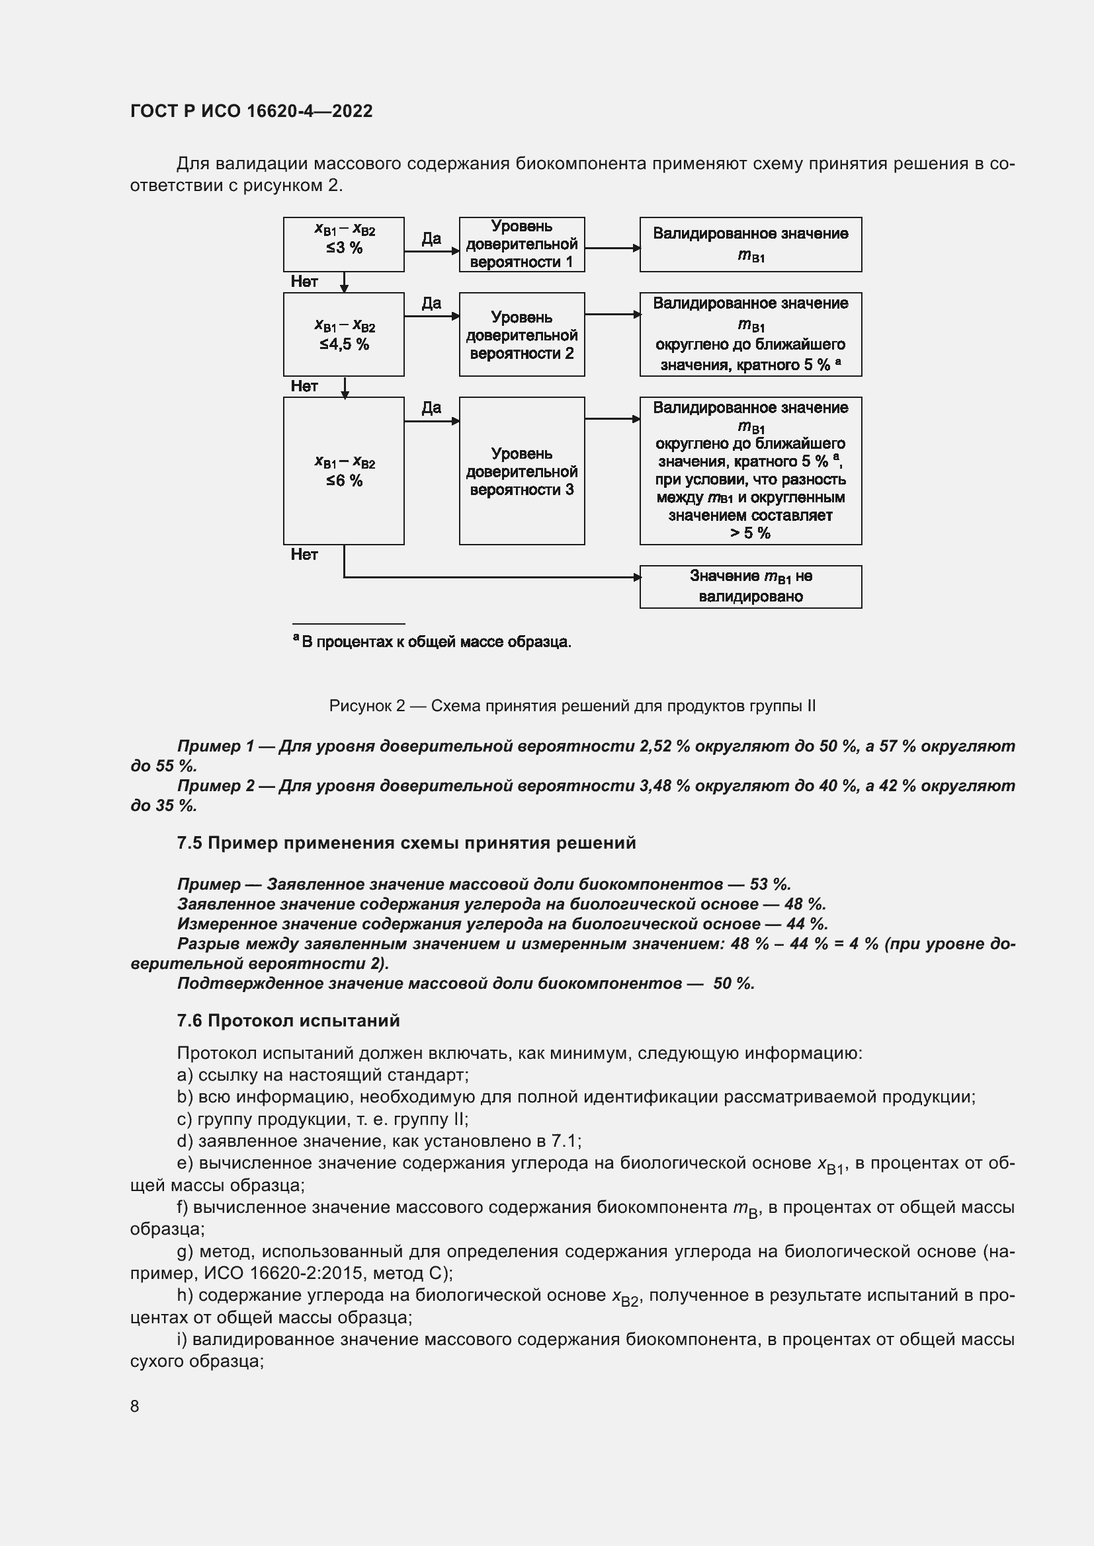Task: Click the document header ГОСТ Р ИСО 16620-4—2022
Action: point(251,111)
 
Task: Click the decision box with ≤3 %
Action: point(343,244)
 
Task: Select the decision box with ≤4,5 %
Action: point(343,334)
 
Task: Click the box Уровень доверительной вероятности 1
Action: point(521,244)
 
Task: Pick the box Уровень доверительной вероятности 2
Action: point(521,334)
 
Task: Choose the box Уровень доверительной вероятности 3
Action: point(521,471)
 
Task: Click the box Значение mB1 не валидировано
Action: point(750,586)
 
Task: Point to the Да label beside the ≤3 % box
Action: point(431,239)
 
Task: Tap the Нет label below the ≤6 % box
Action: point(304,554)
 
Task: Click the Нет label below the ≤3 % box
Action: point(304,282)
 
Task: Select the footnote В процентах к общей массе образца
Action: point(435,642)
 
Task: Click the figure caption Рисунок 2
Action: point(571,706)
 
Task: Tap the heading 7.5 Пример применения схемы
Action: point(406,843)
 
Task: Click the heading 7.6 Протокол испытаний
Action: point(288,1021)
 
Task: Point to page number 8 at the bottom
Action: point(135,1406)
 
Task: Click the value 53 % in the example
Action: point(769,884)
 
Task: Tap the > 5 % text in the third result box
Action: point(750,533)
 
